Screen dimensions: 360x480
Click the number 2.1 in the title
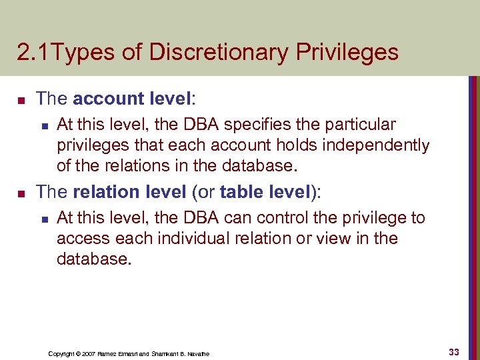(31, 52)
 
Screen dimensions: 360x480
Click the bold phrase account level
(132, 99)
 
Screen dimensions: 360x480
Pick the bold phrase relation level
(129, 192)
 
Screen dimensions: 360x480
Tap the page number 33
(454, 351)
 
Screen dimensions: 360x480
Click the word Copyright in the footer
(61, 353)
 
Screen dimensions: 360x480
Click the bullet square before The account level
(21, 100)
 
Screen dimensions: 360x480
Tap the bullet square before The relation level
(21, 193)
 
